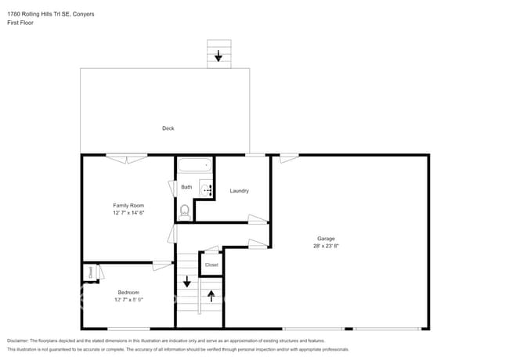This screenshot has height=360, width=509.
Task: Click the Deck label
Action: coord(168,128)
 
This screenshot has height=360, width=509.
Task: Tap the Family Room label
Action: coord(129,205)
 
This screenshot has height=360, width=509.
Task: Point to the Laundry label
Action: coord(239,191)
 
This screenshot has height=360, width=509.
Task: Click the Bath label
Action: coord(186,187)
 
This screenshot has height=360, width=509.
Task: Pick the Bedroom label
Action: coord(128,292)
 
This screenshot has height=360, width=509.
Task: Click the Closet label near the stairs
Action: coord(211,265)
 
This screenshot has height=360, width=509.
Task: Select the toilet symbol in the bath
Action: coord(185,210)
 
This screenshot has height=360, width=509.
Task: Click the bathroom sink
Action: coord(205,188)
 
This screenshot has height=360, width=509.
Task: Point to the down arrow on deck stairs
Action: coord(218,56)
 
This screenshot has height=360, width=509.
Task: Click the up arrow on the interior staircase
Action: coord(211,297)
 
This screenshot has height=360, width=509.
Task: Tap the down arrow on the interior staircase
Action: coord(186,282)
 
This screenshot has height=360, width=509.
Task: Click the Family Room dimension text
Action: coord(129,213)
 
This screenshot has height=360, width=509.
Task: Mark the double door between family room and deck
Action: coord(127,158)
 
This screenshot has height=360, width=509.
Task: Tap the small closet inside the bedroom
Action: coord(90,272)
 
